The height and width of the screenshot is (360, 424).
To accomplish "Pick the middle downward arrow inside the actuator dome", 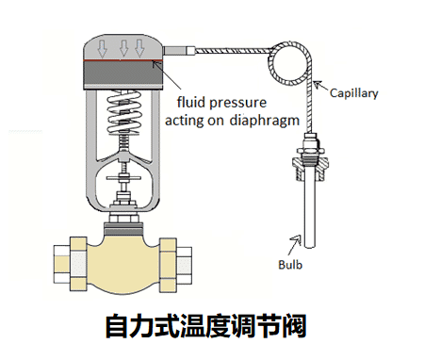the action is (x=122, y=47).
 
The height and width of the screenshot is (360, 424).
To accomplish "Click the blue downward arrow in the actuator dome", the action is (x=139, y=47).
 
